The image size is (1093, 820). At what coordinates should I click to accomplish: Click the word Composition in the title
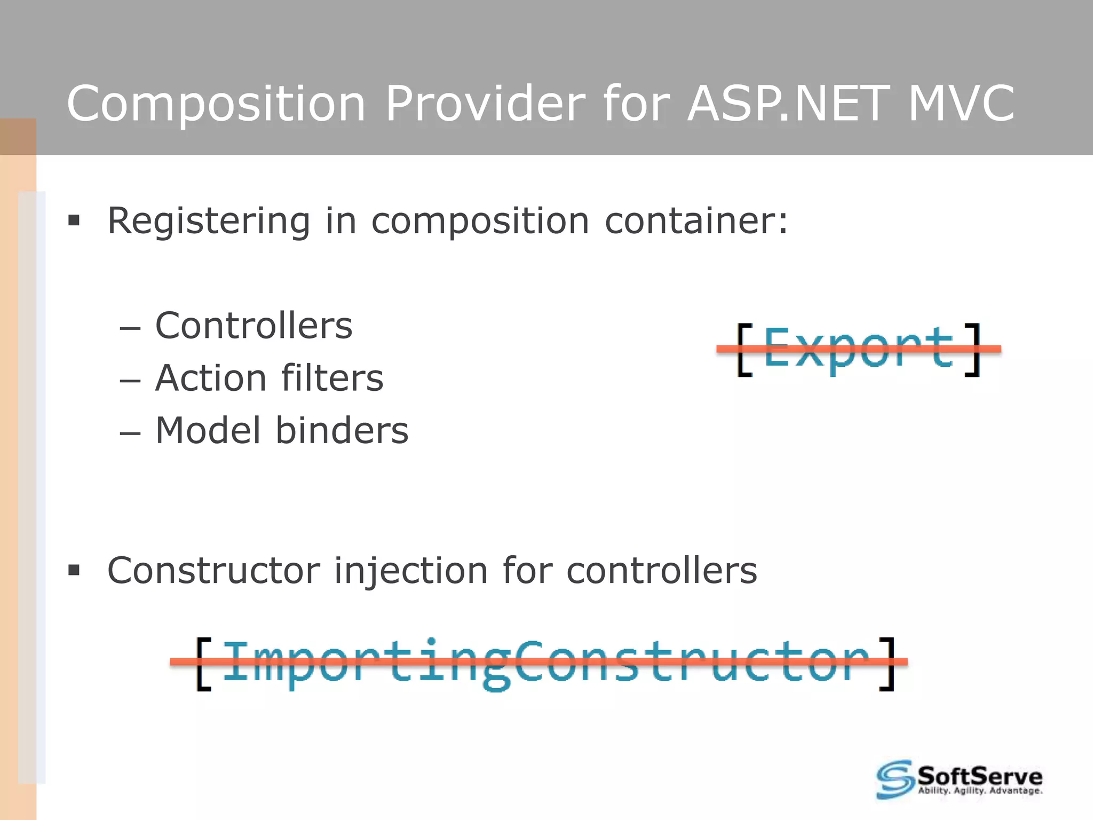tap(216, 104)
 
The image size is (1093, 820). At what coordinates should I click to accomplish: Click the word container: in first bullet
tap(696, 220)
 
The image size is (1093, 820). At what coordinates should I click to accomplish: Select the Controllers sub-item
tap(254, 326)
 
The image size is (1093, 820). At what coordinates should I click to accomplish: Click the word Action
tap(211, 378)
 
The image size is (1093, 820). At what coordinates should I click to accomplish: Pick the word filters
tap(332, 378)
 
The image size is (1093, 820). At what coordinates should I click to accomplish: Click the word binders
tap(342, 430)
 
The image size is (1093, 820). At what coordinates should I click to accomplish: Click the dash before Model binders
tap(130, 433)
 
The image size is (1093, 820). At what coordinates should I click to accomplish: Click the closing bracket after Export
tap(973, 350)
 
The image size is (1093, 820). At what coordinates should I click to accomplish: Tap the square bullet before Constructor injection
tap(74, 571)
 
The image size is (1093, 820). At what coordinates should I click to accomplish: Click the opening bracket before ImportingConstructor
tap(203, 664)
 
